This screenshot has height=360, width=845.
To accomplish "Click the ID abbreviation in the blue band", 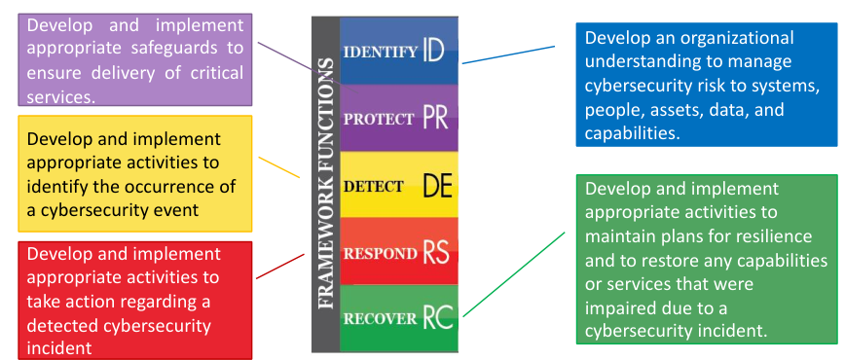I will pos(434,50).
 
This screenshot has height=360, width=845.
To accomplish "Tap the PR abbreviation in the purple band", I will pos(436,119).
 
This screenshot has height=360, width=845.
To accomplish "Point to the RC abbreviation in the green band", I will pos(438,317).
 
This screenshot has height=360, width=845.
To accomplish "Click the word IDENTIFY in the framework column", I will pos(381,52).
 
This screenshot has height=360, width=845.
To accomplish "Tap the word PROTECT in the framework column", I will pos(379,120).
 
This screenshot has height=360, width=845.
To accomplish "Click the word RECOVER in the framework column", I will pos(380,318).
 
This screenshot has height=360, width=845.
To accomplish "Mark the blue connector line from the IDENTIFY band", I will pos(506,54).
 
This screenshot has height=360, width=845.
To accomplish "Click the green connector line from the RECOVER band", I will pos(514,273).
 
